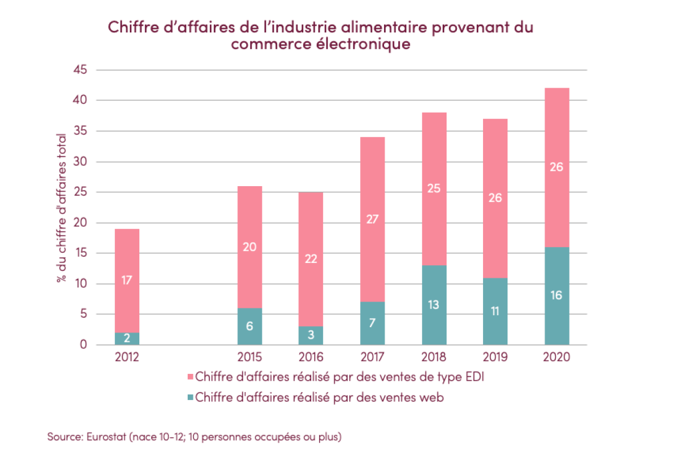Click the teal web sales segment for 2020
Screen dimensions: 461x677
(x=557, y=296)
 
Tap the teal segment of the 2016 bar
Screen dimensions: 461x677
(x=311, y=336)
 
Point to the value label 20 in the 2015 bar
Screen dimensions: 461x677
(x=250, y=247)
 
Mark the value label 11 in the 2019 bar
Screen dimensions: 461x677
(x=496, y=311)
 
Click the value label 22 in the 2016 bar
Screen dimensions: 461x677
(x=311, y=259)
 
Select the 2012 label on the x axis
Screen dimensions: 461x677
(x=127, y=357)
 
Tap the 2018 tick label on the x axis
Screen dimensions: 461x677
(x=434, y=357)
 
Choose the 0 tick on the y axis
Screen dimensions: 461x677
(x=82, y=345)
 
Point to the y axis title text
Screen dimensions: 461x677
(x=61, y=208)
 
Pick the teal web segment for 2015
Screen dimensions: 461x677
(x=250, y=327)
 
